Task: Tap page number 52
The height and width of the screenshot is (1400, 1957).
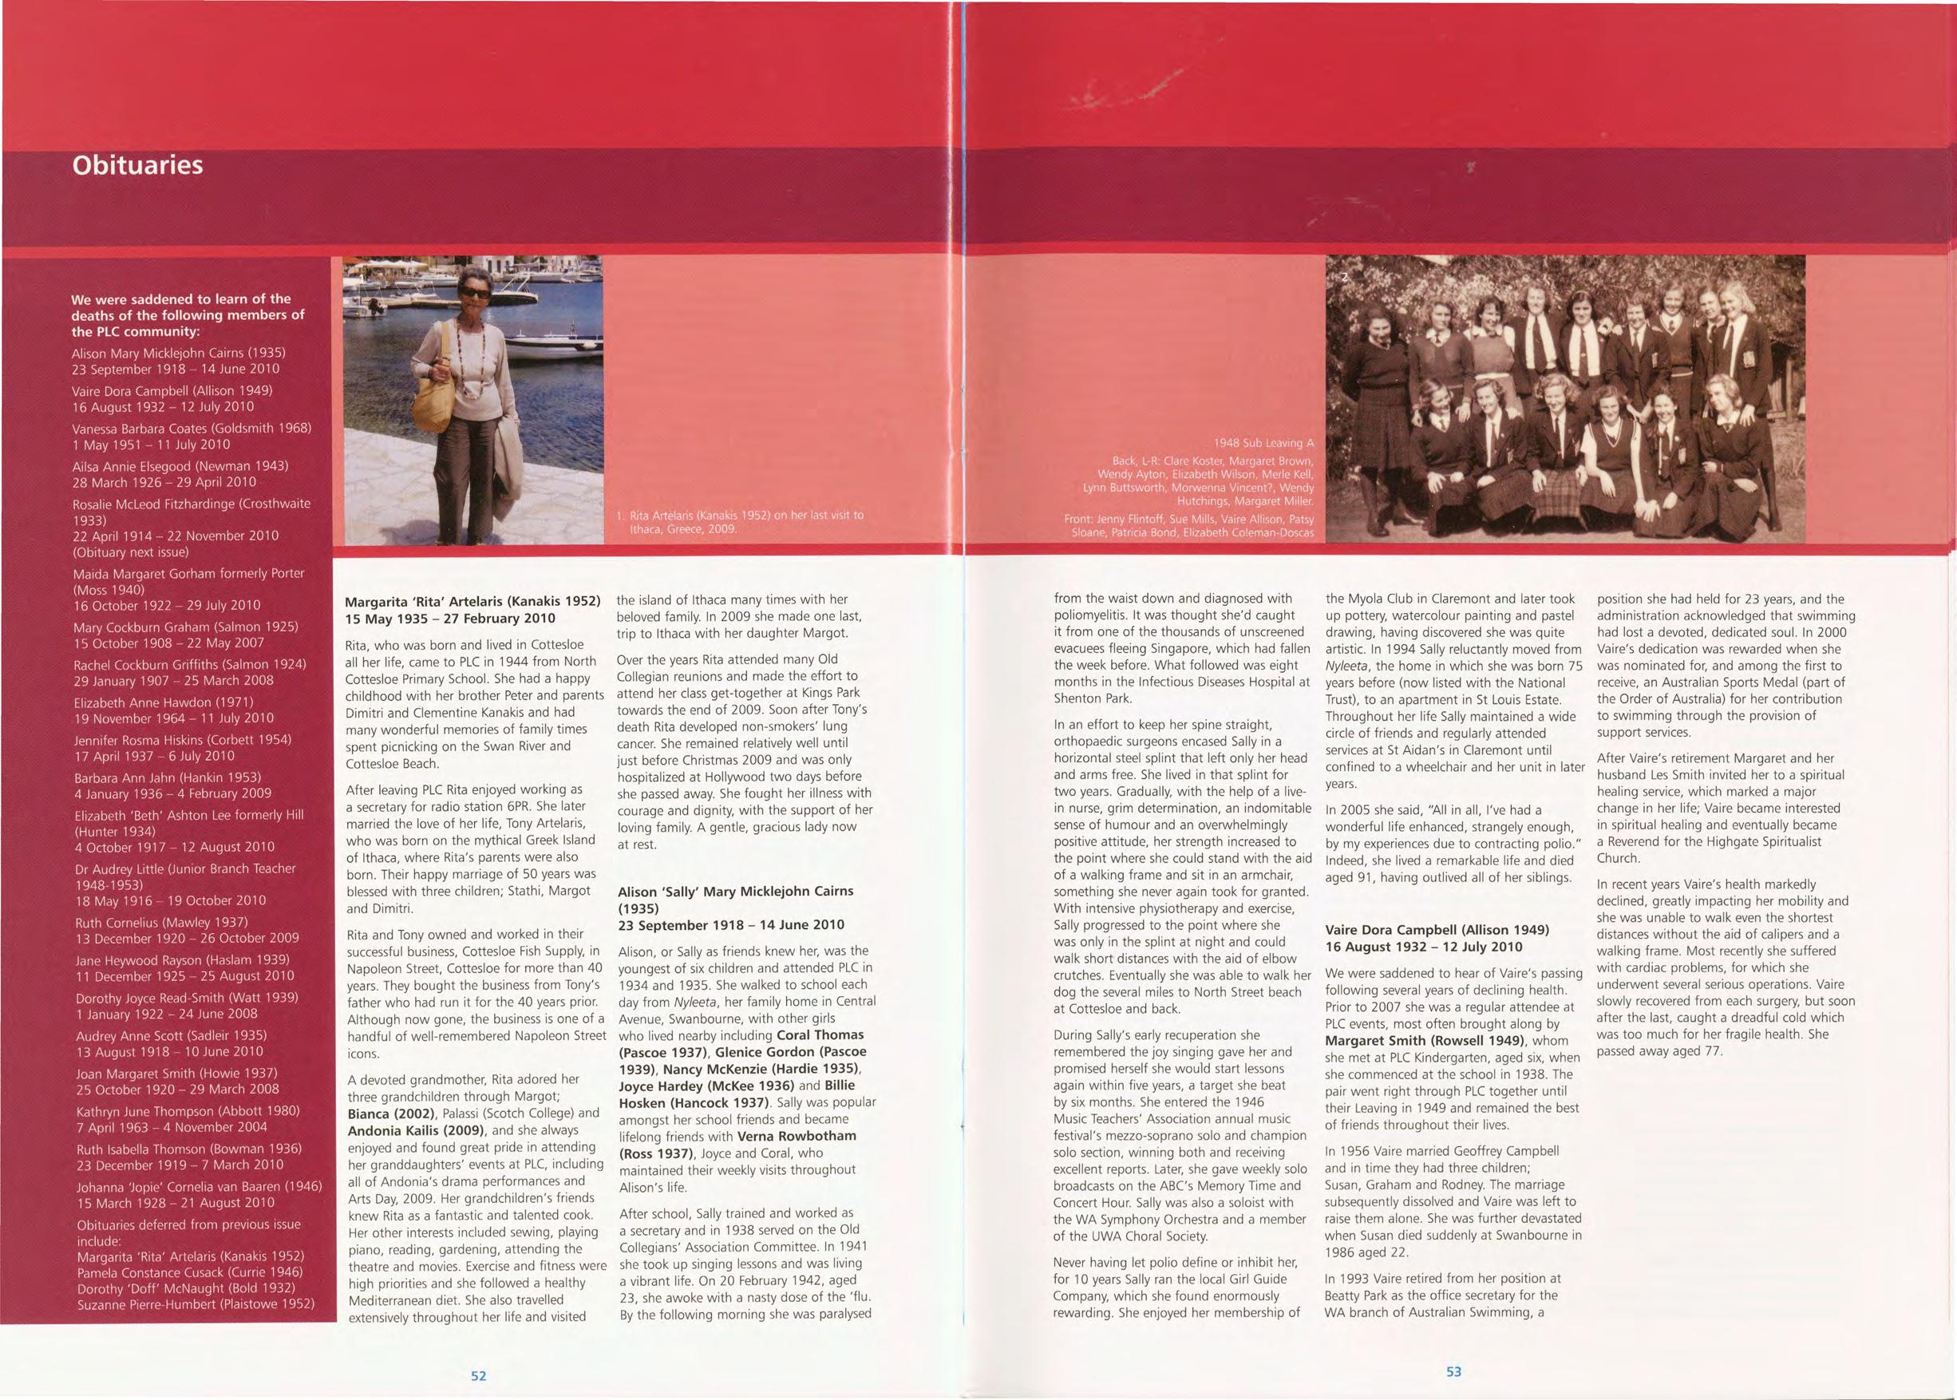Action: [x=477, y=1375]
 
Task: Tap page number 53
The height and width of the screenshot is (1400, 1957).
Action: [x=1453, y=1371]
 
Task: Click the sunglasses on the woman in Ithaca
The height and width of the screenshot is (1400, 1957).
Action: [x=473, y=293]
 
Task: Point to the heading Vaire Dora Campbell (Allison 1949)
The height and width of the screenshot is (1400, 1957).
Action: [x=1437, y=929]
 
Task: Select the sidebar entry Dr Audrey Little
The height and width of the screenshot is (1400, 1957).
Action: [x=184, y=868]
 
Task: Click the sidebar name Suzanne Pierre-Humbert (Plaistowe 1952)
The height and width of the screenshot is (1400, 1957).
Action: [x=196, y=1304]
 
